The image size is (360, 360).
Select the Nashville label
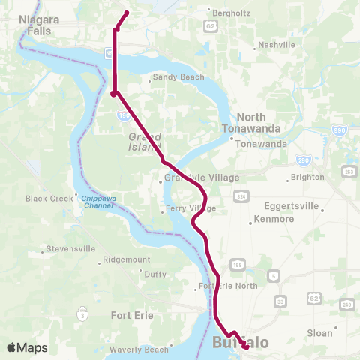tap(277, 46)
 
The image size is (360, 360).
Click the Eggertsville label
tap(292, 206)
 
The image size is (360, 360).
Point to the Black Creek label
tap(46, 199)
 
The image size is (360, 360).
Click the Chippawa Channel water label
tap(97, 202)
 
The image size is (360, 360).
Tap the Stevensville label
tap(70, 248)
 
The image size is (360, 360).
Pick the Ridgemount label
tap(127, 259)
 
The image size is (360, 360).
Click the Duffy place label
tap(155, 274)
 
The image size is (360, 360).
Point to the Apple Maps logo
tap(27, 348)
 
